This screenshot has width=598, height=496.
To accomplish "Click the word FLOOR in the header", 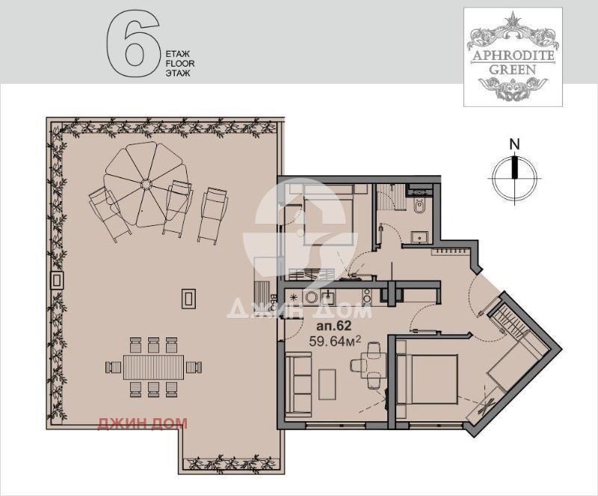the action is point(180,64).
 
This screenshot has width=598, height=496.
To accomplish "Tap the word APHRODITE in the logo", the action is point(514,56).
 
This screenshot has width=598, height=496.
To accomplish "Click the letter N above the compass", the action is point(515,144).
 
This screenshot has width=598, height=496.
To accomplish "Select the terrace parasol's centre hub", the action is point(146,185).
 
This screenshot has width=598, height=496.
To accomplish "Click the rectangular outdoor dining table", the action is point(154,367).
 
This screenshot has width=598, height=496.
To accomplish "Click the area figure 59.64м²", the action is point(335,340).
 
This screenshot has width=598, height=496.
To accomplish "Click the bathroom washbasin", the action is point(420,237).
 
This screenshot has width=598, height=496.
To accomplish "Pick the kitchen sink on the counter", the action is point(328,297).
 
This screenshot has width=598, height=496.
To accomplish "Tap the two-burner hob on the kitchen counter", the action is point(367,296).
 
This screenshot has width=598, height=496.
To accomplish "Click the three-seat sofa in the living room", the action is point(298,382).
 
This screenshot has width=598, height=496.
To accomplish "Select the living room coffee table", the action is point(327,385).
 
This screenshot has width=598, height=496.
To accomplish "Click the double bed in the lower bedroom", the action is point(427,379).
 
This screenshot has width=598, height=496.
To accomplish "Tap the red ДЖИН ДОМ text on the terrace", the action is point(143,423).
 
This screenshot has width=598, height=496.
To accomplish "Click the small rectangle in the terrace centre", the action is point(188,298).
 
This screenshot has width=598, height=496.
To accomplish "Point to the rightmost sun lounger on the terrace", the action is point(212,215).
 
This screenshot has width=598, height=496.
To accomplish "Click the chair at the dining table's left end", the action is point(114,367).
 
